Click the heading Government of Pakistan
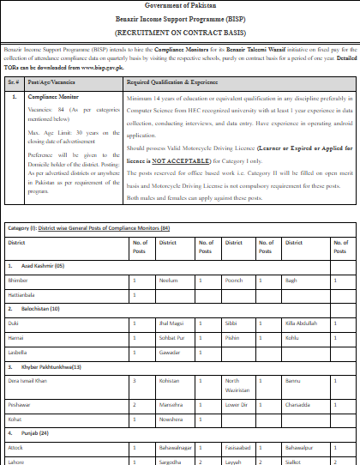(x=179, y=6)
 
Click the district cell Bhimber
(x=18, y=281)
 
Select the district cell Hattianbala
(x=22, y=294)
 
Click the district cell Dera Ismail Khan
(x=30, y=379)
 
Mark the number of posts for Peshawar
(x=134, y=403)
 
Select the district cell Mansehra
(x=171, y=403)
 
